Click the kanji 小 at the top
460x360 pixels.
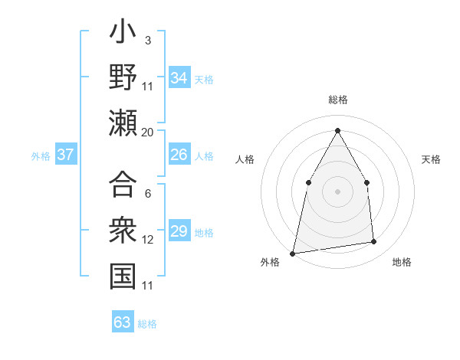click(123, 34)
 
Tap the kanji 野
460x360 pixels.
click(123, 78)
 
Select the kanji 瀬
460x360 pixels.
click(123, 123)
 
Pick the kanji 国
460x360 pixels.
click(123, 276)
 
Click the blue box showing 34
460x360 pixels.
click(179, 78)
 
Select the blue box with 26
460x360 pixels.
click(179, 155)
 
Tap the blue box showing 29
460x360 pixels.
click(179, 231)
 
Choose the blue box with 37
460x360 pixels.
click(66, 155)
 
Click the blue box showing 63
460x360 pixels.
click(123, 322)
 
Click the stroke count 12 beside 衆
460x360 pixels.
click(148, 240)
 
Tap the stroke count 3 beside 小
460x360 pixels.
click(147, 40)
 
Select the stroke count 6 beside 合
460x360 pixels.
click(147, 194)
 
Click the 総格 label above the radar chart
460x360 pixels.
click(337, 100)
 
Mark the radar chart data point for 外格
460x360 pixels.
click(293, 253)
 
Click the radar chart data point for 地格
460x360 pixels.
click(374, 242)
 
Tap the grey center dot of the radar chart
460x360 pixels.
click(337, 191)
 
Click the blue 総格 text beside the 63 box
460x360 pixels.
click(147, 323)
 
